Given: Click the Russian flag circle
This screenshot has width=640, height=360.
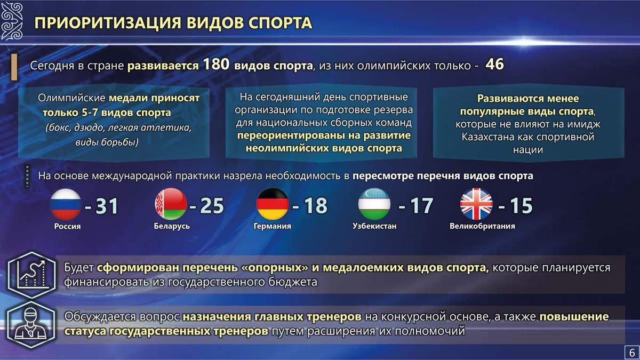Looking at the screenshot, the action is pos(66,204).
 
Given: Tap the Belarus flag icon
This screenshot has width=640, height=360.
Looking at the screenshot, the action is pos(171,204).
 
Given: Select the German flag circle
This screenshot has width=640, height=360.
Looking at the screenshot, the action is pos(273,204).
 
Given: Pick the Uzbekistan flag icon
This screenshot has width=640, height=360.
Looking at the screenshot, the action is pos(374,204).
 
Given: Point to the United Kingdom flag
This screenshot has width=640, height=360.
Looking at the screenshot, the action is pos(476,204).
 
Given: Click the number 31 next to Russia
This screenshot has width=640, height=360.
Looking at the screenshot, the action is pos(107,206).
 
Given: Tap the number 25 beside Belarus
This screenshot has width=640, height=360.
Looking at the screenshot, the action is pos(212,206).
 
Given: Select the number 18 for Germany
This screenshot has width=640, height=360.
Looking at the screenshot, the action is pos(315,206).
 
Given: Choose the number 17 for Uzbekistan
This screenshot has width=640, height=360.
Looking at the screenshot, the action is pos(422,206).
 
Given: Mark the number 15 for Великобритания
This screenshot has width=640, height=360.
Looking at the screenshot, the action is pos(521,206).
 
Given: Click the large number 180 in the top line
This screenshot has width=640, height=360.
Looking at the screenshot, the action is pos(216,64).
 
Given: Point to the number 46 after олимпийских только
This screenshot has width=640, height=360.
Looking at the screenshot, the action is pos(494,64).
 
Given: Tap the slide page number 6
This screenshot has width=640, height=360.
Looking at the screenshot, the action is pos(632,353).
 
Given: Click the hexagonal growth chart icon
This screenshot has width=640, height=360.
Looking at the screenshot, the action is pos(31,275).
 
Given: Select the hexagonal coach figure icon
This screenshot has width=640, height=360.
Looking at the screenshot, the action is pos(31,325).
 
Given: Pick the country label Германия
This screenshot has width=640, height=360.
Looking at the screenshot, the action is pos(273,226).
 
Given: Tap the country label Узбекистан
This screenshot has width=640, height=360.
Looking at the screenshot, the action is pos(374,226).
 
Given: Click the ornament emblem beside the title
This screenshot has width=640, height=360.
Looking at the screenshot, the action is pos(11,21).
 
